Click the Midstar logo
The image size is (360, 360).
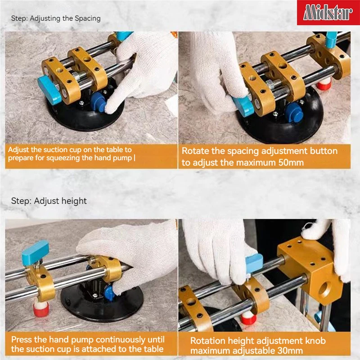click(327, 12)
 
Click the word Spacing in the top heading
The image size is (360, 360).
click(86, 18)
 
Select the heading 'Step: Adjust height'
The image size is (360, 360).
click(49, 201)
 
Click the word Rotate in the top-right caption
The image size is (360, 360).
click(197, 151)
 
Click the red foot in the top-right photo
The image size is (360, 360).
click(322, 85)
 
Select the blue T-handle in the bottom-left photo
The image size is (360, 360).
click(35, 248)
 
